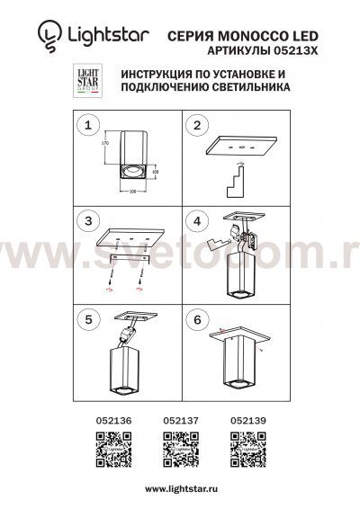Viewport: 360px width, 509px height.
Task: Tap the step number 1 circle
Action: point(87,128)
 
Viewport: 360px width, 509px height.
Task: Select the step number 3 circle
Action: point(87,221)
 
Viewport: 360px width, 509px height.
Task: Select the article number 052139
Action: point(243,418)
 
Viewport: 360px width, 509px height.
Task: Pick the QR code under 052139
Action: point(243,447)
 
